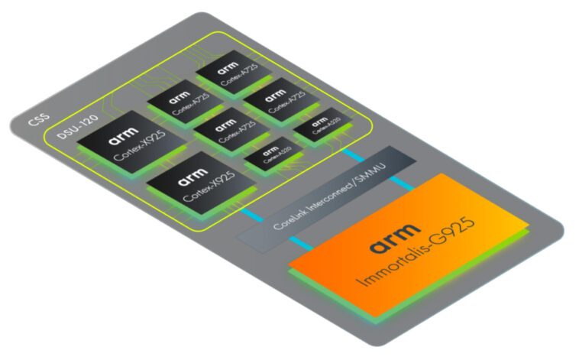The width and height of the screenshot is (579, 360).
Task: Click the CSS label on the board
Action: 38,121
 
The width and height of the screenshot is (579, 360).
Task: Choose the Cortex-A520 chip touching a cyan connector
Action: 317,128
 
